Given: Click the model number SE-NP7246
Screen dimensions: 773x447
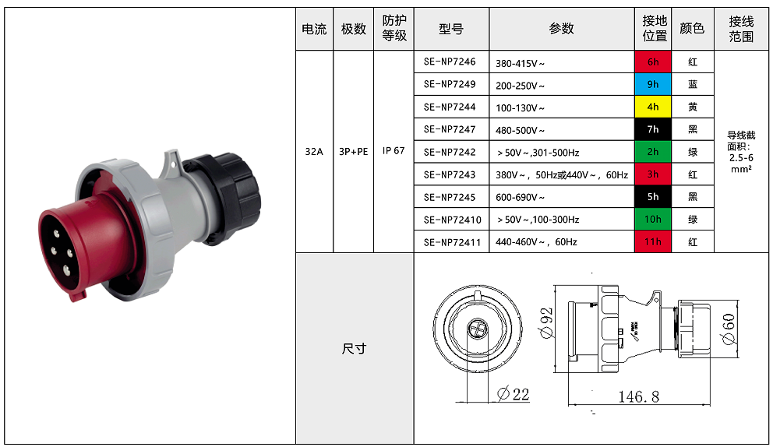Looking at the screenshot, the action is pyautogui.click(x=450, y=62).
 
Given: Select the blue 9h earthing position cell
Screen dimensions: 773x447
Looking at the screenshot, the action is pyautogui.click(x=653, y=84).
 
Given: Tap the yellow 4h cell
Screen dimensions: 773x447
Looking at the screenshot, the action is pyautogui.click(x=653, y=107).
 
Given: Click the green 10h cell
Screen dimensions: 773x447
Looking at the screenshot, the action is pyautogui.click(x=653, y=219).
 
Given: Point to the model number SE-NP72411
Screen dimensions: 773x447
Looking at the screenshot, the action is pyautogui.click(x=452, y=242).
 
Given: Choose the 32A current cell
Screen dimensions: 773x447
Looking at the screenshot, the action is pyautogui.click(x=314, y=151).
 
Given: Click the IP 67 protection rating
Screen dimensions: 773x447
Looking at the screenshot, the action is pyautogui.click(x=394, y=151).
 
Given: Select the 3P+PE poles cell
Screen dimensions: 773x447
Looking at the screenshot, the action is pyautogui.click(x=354, y=151).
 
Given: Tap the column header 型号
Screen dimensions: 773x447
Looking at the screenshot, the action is pyautogui.click(x=451, y=29).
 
